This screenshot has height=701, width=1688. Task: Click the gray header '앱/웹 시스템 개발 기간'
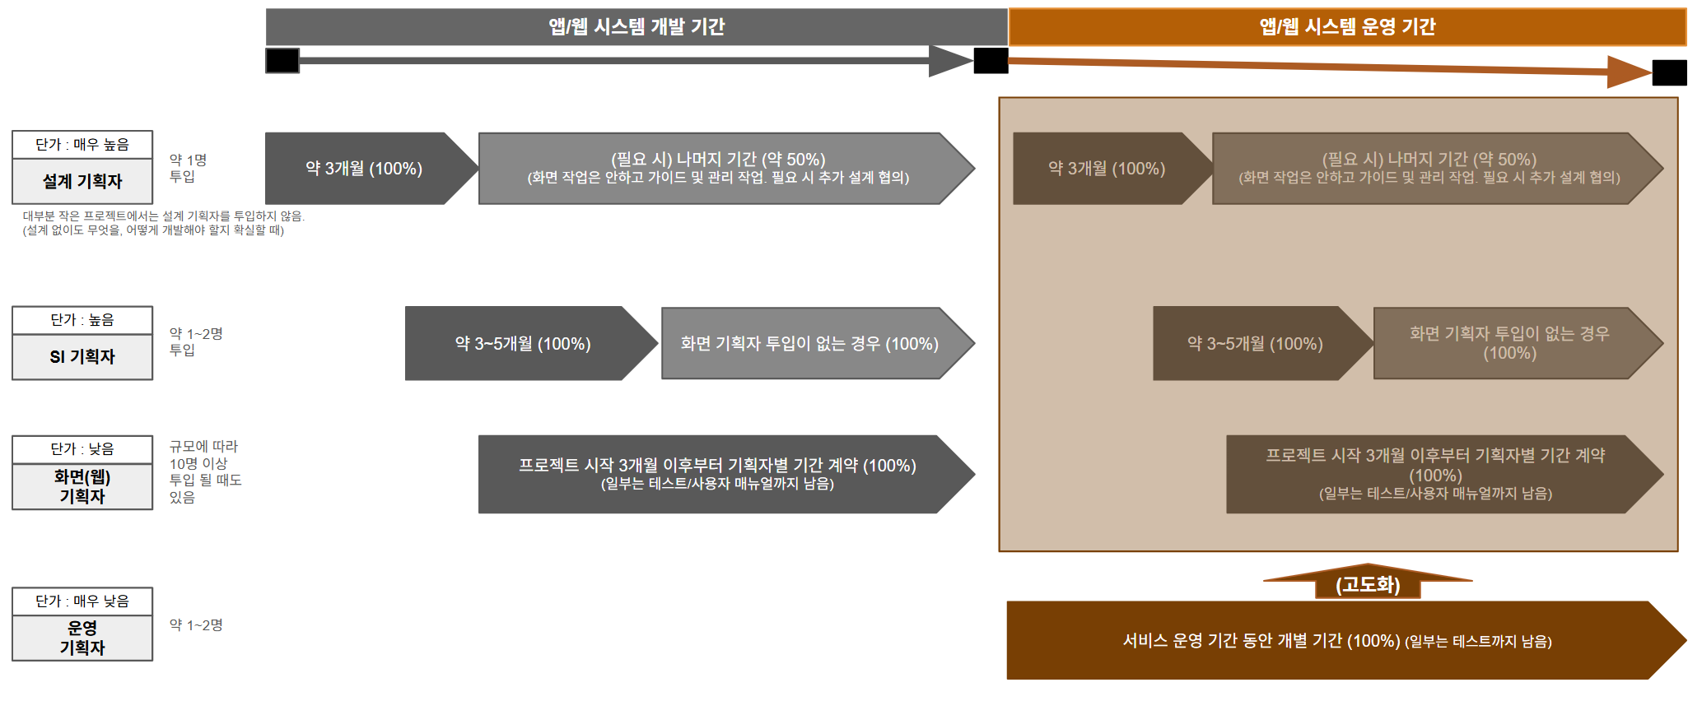[x=636, y=27]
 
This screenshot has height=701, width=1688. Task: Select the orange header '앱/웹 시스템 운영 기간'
[x=1347, y=27]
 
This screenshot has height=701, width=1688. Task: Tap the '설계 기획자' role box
[x=82, y=181]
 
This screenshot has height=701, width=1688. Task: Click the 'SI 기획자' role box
[x=82, y=356]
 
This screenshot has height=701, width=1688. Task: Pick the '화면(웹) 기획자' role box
[x=82, y=486]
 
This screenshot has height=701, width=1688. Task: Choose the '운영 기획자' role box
[x=82, y=638]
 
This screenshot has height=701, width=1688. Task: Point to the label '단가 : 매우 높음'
[x=82, y=145]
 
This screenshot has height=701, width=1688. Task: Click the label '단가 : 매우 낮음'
[x=82, y=601]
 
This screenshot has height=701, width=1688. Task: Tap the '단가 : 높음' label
[x=82, y=320]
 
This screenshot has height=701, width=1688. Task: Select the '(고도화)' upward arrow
[x=1368, y=583]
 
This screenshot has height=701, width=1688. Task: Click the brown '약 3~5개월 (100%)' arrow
[x=1255, y=344]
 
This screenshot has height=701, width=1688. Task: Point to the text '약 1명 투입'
[x=188, y=168]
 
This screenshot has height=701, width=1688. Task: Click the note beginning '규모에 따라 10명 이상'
[x=204, y=471]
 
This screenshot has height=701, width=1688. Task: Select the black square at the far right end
[x=1669, y=73]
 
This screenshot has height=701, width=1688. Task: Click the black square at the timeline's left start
[x=282, y=61]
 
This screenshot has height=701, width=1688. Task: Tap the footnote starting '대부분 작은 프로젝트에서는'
[x=163, y=223]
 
